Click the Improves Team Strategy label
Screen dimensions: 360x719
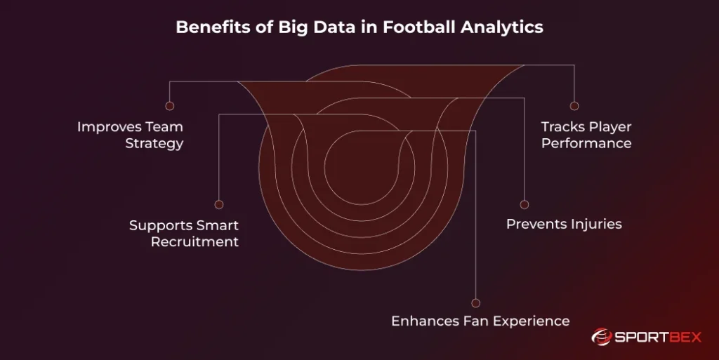(x=130, y=135)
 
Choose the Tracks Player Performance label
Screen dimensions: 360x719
(x=586, y=135)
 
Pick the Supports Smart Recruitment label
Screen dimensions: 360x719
(x=184, y=234)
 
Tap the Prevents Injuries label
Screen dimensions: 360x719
(x=564, y=225)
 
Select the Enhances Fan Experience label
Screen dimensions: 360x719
(x=480, y=321)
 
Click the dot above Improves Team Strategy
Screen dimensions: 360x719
(x=169, y=106)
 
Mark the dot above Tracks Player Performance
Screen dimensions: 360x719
(x=574, y=106)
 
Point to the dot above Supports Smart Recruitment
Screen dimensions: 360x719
(x=219, y=204)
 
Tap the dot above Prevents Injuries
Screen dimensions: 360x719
(x=524, y=204)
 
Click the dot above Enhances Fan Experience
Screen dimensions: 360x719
(x=476, y=303)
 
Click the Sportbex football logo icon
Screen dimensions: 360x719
(x=602, y=338)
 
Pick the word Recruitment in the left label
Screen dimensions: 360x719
(x=194, y=241)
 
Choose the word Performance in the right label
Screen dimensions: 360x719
(x=586, y=143)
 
